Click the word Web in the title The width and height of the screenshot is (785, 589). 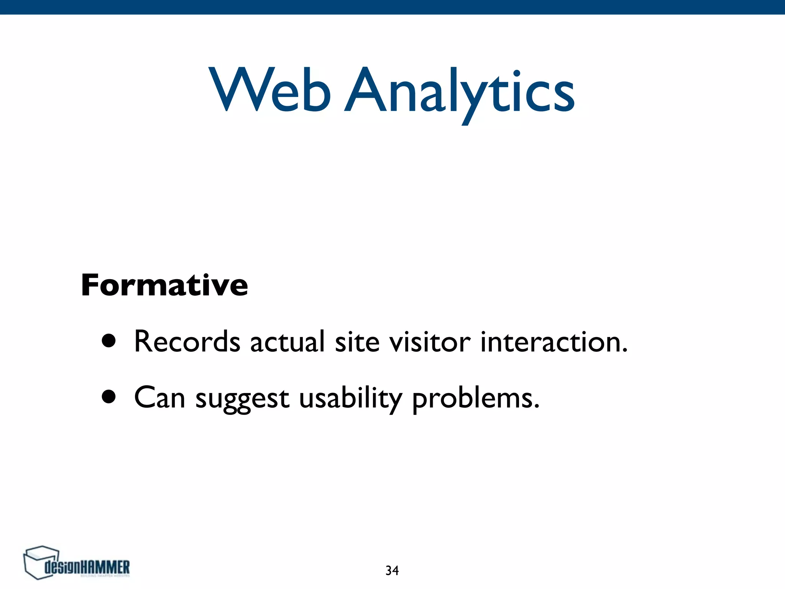pos(269,91)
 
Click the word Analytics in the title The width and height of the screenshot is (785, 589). pos(459,92)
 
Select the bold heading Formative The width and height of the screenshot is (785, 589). pos(164,285)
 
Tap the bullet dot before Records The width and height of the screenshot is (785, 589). pos(109,341)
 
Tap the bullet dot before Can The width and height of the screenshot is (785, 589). pos(109,397)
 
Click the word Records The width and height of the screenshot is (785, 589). pos(187,342)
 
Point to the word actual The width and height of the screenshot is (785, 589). pos(287,342)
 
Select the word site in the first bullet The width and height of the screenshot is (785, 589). pos(357,342)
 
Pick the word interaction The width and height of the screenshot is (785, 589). pos(550,342)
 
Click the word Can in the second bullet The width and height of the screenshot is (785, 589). pos(159,398)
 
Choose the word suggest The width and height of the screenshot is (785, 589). pos(242,399)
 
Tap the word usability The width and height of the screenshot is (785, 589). pos(350,399)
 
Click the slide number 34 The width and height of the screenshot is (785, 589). pos(392,571)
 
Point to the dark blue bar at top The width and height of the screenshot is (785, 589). pos(392,7)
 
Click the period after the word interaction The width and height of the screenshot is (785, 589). pos(624,350)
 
